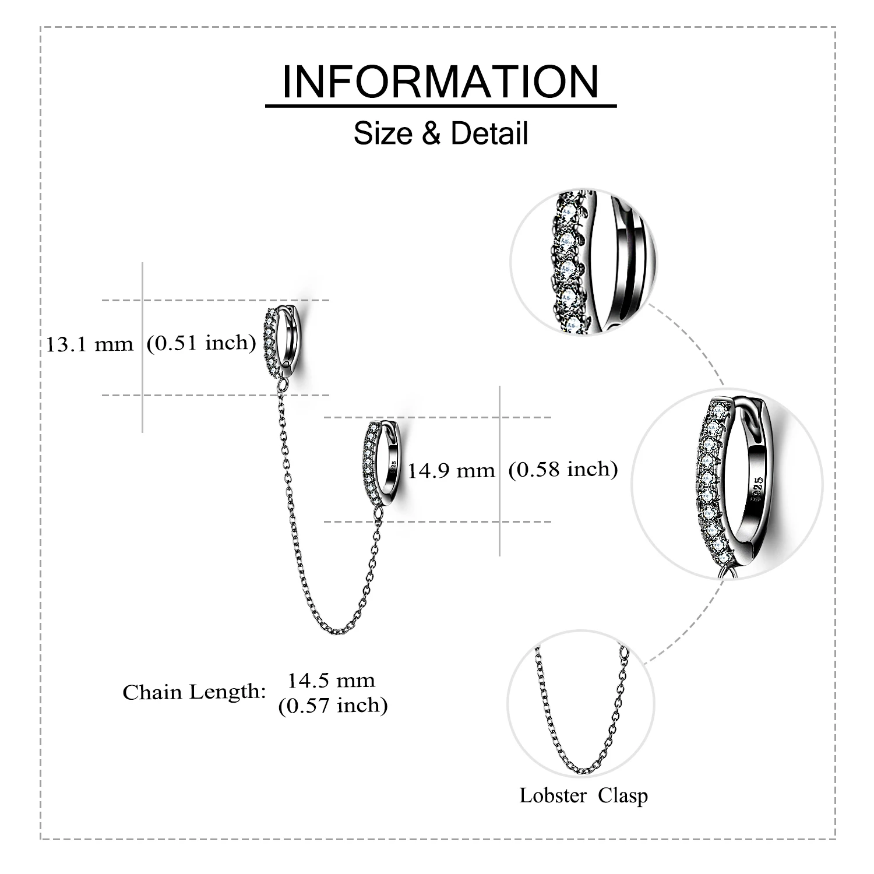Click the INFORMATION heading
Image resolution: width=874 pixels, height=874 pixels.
[x=440, y=82]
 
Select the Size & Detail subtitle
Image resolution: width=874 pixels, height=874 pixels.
[x=440, y=133]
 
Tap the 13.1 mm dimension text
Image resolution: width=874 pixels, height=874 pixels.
[x=90, y=344]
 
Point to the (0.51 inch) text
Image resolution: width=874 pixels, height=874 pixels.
[x=201, y=343]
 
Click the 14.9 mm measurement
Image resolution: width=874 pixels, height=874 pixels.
[x=451, y=470]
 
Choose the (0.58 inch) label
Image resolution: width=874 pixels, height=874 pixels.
[x=563, y=469]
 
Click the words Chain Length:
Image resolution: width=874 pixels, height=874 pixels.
[x=194, y=692]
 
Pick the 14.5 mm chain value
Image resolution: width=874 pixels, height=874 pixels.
[x=332, y=680]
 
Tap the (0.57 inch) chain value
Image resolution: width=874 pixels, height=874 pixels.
[x=333, y=706]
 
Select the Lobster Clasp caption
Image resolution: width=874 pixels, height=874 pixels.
[x=583, y=795]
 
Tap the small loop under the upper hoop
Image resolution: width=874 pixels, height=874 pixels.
[x=283, y=385]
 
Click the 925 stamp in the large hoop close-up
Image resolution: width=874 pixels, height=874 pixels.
[x=757, y=485]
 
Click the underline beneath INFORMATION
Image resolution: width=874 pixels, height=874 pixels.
[x=440, y=106]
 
